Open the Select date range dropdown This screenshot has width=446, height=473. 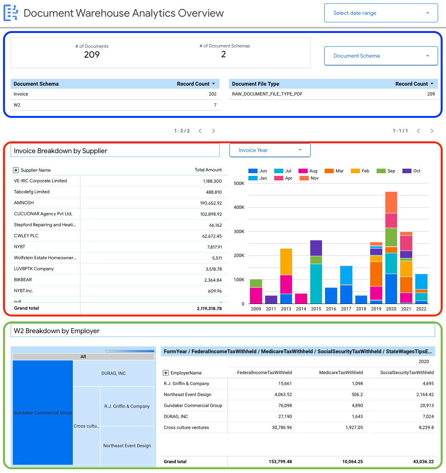[x=381, y=13]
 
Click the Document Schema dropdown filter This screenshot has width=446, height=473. [x=381, y=56]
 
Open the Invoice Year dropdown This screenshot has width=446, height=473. [x=270, y=150]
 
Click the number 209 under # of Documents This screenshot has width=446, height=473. [x=92, y=55]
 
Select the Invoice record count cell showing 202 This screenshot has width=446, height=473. [x=212, y=94]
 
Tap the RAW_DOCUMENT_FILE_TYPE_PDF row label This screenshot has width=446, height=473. [x=267, y=94]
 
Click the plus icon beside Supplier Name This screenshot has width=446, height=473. [x=16, y=170]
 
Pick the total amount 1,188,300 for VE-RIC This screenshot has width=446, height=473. [x=212, y=181]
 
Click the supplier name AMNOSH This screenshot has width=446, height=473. [x=24, y=203]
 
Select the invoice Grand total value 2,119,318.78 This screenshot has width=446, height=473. [x=209, y=309]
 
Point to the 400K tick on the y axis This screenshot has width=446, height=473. [x=239, y=207]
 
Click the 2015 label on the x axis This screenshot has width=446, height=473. [x=316, y=309]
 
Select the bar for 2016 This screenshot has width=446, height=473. [x=331, y=296]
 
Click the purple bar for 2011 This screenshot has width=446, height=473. [x=271, y=299]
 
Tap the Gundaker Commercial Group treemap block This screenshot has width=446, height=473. [x=43, y=412]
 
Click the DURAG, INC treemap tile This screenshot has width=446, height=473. [x=113, y=373]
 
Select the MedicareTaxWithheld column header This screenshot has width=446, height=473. [x=341, y=373]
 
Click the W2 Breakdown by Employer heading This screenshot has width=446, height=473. [x=57, y=331]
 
